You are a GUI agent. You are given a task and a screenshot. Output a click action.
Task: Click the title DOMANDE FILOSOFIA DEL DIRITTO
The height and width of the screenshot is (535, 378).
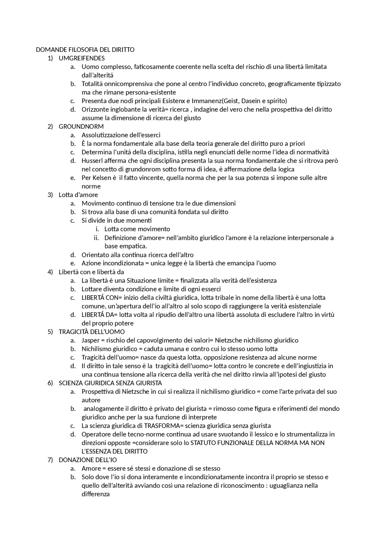click(x=85, y=50)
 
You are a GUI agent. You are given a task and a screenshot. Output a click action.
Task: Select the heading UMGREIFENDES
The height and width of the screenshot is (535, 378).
click(x=82, y=58)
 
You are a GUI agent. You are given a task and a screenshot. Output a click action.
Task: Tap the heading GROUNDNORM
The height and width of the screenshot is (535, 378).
click(x=81, y=127)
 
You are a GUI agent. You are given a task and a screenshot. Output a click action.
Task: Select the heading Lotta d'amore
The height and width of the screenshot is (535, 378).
click(x=78, y=195)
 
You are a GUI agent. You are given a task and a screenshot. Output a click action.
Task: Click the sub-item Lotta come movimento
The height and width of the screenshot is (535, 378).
click(x=137, y=229)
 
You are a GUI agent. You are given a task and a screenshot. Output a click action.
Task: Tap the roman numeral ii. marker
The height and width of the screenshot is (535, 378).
click(x=96, y=238)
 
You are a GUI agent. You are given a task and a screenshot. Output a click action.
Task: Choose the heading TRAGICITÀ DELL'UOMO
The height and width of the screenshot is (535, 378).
click(x=92, y=332)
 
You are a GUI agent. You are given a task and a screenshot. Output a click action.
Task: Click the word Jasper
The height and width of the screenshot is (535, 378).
click(x=91, y=340)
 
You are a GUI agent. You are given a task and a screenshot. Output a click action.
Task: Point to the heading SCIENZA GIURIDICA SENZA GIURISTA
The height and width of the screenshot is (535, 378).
click(x=110, y=383)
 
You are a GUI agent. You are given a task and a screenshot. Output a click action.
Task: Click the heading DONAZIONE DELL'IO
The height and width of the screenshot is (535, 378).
click(x=88, y=460)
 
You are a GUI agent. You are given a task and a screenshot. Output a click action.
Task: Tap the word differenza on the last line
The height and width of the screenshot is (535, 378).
click(x=96, y=494)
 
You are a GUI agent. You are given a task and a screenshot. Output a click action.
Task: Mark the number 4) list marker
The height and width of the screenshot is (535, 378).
click(x=50, y=272)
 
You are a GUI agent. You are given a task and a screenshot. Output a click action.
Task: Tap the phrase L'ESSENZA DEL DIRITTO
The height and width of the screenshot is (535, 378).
click(x=115, y=451)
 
